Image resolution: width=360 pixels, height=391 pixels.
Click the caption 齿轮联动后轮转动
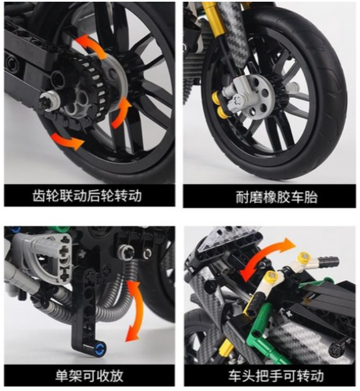pos(87,195)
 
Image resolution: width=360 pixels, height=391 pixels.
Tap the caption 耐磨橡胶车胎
pos(277,197)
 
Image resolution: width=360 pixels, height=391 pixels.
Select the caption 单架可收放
pos(89,376)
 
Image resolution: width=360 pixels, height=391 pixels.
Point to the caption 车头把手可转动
pos(276,376)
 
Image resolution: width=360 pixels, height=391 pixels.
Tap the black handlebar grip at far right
pos(328,261)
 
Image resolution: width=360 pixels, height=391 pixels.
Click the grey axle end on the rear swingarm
pos(50,100)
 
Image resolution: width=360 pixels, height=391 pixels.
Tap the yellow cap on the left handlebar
pos(271,276)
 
